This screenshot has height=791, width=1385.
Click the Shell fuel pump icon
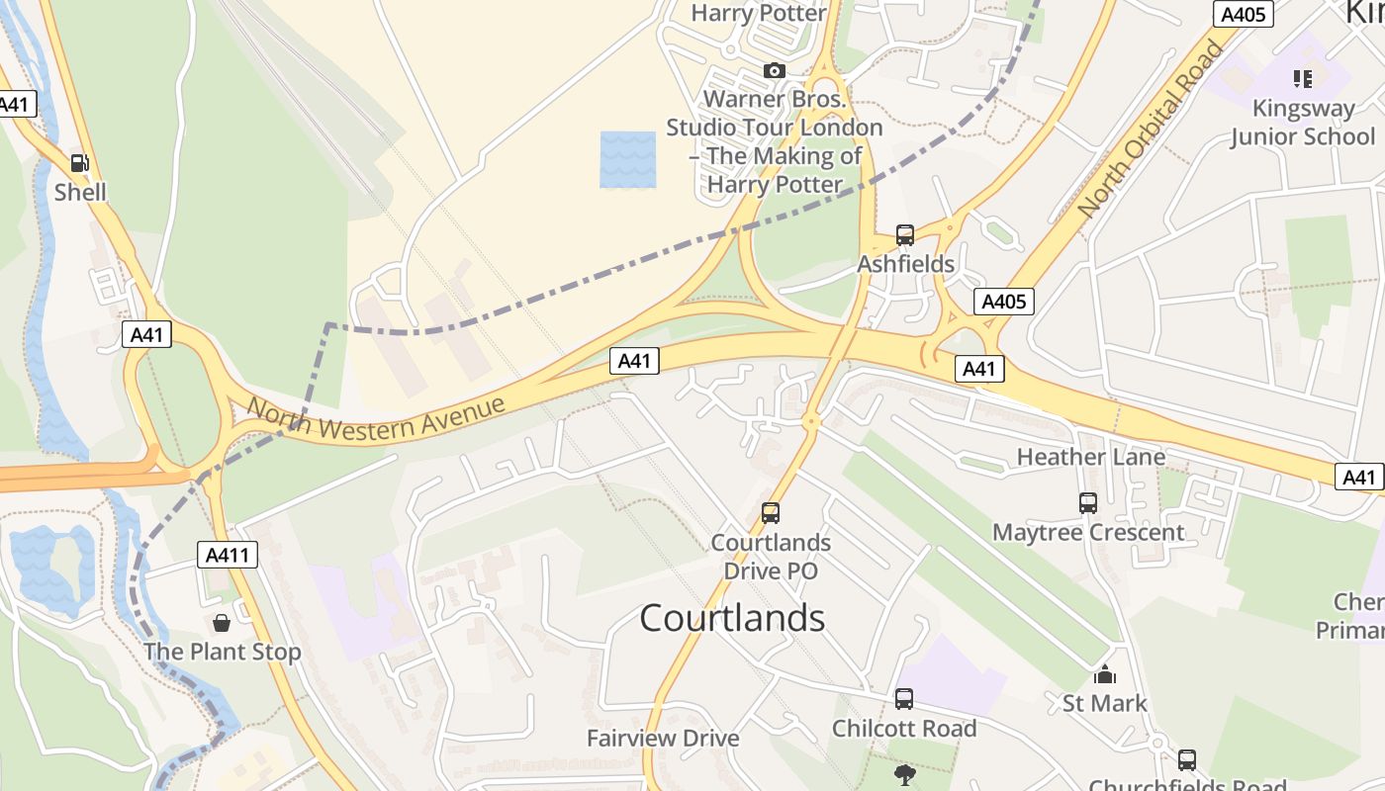[80, 163]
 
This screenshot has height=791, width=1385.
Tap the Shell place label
[80, 192]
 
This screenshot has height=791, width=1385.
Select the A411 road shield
[229, 555]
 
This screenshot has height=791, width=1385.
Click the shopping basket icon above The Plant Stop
[222, 623]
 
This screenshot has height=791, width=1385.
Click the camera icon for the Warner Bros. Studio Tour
[775, 70]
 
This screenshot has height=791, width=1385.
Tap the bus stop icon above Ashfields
[905, 235]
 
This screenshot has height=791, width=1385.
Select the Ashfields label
[906, 264]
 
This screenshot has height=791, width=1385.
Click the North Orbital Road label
[1152, 130]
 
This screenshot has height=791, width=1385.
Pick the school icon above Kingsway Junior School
[1302, 78]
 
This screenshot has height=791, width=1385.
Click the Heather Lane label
[1091, 457]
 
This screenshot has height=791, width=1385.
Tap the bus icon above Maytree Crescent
[1088, 503]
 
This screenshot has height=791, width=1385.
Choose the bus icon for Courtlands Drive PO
[771, 513]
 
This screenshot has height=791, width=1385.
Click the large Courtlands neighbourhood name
[732, 618]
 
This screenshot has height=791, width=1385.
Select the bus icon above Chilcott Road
[904, 699]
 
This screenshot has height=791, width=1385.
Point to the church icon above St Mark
[1104, 675]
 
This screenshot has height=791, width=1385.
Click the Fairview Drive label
[663, 739]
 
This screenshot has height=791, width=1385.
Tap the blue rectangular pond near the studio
[628, 159]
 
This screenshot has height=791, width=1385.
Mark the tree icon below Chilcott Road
[904, 774]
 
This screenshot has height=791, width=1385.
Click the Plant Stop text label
[223, 653]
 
